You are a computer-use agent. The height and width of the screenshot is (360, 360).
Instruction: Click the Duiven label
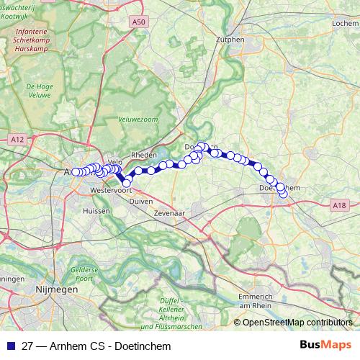[x=141, y=201]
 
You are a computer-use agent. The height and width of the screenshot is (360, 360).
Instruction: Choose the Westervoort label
[x=110, y=191]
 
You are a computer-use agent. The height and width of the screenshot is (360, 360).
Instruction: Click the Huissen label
[x=96, y=211]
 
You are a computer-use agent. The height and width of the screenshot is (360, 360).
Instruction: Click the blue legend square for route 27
[x=9, y=346]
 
